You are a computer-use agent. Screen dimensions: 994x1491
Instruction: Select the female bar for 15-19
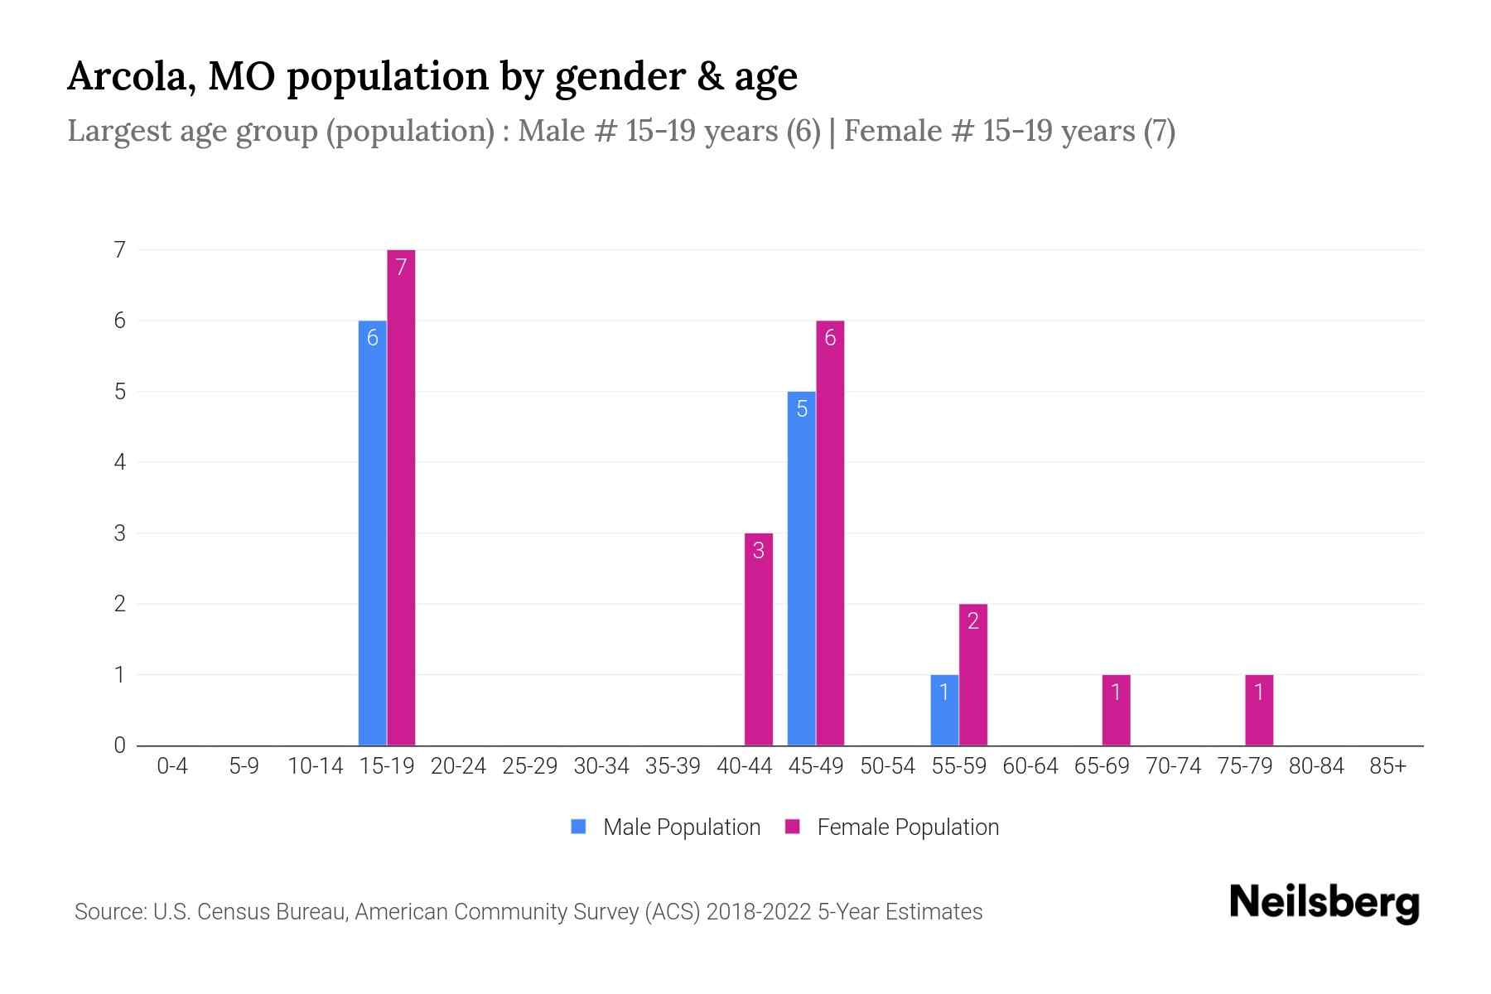(401, 497)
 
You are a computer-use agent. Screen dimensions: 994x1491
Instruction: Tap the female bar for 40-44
(759, 639)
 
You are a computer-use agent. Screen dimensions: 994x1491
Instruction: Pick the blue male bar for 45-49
(801, 568)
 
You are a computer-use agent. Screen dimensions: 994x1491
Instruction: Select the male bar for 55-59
(944, 710)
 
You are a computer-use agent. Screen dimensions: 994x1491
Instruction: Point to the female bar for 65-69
(1116, 710)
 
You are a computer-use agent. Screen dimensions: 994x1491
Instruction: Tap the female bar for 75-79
(1259, 710)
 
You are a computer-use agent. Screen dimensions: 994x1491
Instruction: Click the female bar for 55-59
(973, 674)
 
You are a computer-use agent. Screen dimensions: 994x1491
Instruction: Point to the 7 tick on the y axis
(120, 249)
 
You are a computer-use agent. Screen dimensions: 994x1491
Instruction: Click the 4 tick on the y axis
(120, 462)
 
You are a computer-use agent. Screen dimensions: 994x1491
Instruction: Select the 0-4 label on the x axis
(172, 766)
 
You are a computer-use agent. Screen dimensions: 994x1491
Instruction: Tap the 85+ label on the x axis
(1387, 766)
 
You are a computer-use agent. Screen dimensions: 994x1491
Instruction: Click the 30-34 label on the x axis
(601, 766)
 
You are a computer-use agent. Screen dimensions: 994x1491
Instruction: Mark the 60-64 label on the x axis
(1030, 766)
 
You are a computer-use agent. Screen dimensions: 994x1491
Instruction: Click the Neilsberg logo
(1324, 903)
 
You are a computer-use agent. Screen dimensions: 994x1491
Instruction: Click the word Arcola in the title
(130, 76)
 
